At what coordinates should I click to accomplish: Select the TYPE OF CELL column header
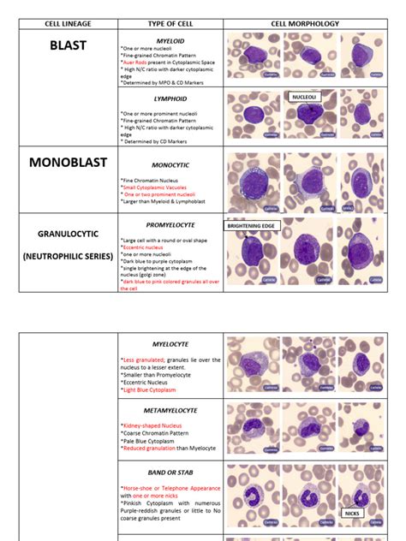(170, 23)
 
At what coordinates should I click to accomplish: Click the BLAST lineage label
(69, 45)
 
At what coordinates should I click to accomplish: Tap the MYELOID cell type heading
(170, 39)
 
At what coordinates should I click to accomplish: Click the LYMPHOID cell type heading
(170, 98)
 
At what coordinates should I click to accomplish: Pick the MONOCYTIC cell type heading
(170, 163)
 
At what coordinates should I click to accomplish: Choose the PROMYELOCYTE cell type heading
(170, 225)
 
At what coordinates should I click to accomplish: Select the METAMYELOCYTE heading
(170, 410)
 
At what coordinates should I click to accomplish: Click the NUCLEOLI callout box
(304, 98)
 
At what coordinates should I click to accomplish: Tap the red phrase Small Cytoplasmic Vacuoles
(158, 187)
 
